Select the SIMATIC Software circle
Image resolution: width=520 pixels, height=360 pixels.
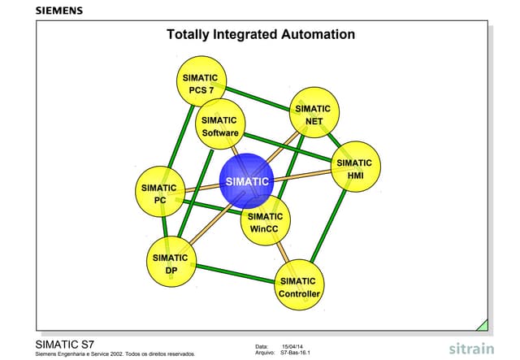tap(220, 125)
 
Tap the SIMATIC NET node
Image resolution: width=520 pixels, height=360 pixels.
tap(314, 115)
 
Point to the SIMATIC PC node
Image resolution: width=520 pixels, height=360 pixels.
tap(160, 193)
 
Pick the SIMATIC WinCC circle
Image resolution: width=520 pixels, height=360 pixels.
tap(265, 222)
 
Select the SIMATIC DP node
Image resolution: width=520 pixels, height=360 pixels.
tap(171, 263)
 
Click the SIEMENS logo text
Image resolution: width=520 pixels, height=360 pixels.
tap(58, 11)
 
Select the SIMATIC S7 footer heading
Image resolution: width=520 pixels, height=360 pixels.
tap(71, 344)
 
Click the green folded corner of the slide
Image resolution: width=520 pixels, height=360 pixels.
tap(482, 325)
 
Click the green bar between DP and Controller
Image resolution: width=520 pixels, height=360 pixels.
tap(236, 275)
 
